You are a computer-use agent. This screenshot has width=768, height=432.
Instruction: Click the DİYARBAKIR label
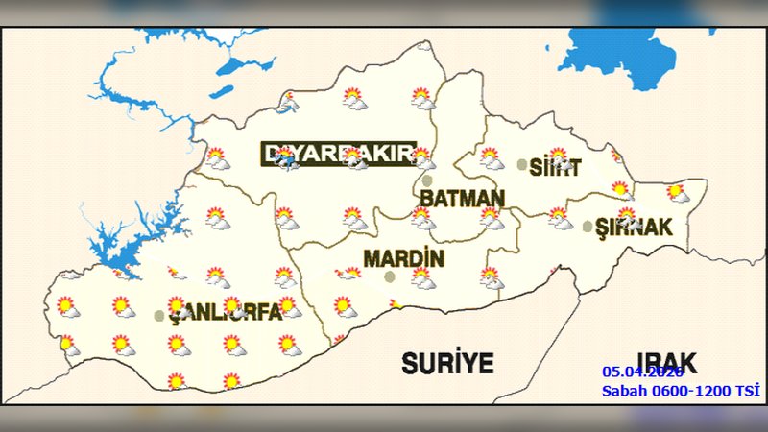coord(338,155)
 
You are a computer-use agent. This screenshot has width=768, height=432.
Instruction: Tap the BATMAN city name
coord(462,199)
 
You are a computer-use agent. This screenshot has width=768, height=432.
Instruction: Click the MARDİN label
coord(403,258)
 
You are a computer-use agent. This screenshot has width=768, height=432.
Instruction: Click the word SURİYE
coord(446,363)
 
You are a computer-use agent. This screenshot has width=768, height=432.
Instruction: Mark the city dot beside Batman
coord(427,180)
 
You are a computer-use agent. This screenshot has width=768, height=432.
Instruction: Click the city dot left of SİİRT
coord(522,165)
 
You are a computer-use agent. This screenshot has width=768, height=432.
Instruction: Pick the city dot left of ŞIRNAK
coord(588,228)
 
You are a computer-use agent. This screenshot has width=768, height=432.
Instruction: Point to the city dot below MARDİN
coord(390,276)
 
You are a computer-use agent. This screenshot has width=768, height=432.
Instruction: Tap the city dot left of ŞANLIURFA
coord(159,315)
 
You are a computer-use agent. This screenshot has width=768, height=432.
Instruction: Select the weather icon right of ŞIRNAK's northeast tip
coord(678,193)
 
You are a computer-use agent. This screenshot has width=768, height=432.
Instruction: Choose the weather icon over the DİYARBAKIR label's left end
coord(285,158)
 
